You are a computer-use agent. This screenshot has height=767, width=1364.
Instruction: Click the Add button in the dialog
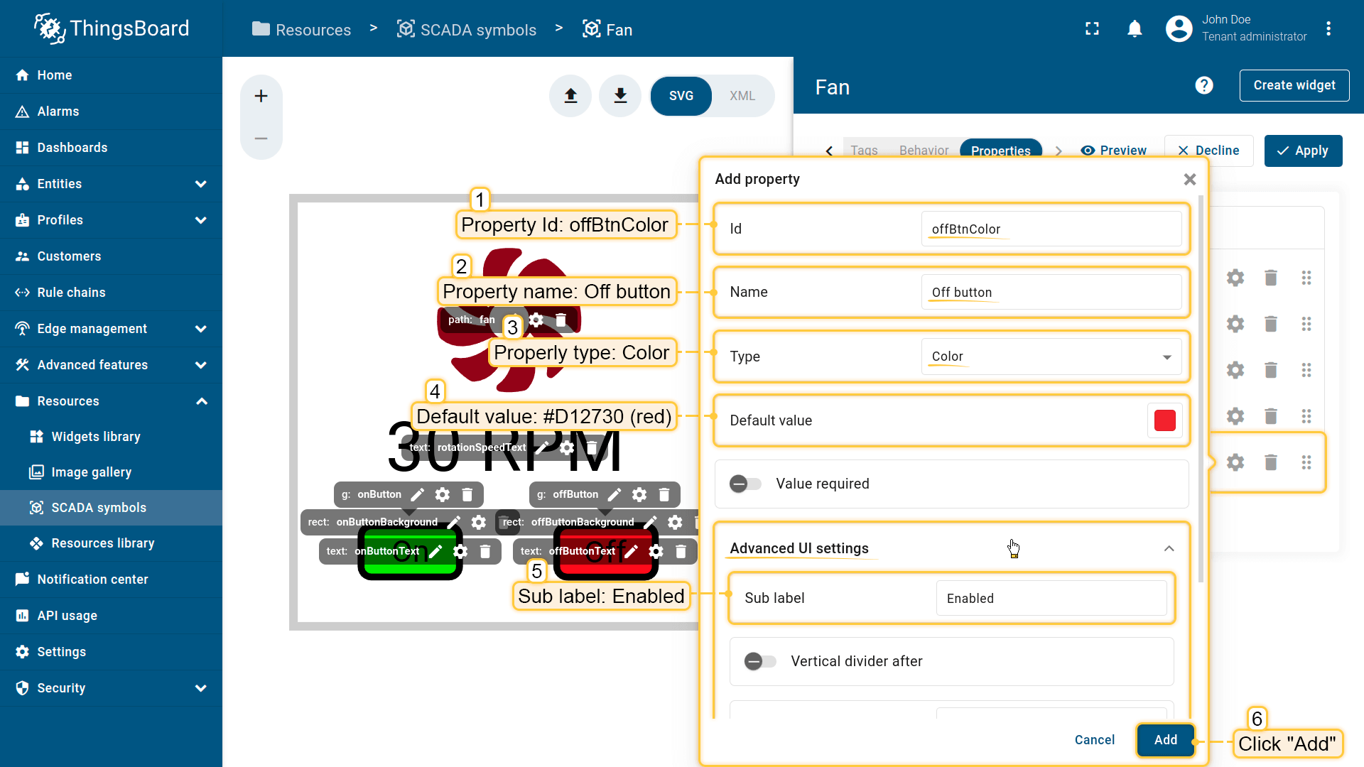pos(1165,740)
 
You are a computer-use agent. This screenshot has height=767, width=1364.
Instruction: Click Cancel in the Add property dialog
pos(1094,740)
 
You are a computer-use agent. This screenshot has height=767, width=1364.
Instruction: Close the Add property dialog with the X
pos(1190,180)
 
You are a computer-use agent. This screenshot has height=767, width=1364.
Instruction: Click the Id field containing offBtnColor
pos(1051,229)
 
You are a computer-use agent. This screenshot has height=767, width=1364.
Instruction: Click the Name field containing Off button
pos(1051,293)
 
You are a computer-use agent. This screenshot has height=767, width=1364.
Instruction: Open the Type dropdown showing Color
pos(1051,357)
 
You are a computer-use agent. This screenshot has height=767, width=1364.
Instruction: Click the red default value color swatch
pos(1164,420)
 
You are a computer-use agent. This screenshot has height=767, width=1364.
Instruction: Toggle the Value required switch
pos(745,484)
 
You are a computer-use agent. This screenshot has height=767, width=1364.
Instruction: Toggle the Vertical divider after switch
pos(760,662)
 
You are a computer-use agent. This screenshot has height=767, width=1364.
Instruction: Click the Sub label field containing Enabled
pos(1051,599)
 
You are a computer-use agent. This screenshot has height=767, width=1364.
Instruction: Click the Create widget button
pos(1294,85)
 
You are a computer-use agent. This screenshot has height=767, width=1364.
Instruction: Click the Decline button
pos(1208,151)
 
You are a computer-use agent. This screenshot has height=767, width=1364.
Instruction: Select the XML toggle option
pos(742,96)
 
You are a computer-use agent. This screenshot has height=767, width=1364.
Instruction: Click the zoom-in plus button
pos(261,96)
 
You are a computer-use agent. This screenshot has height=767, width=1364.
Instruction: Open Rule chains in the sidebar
pos(71,293)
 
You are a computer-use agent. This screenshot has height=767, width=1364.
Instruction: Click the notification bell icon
pos(1135,29)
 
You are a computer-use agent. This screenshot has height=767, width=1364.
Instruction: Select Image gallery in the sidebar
pos(91,472)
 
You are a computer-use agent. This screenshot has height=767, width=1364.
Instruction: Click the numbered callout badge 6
pos(1257,719)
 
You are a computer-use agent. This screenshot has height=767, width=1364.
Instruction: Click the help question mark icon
pos(1204,85)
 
